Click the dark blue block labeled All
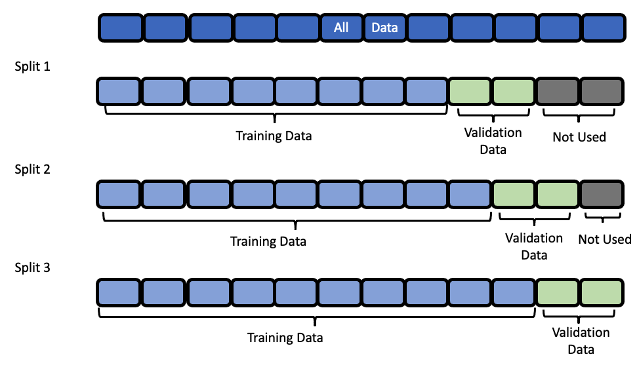click(x=341, y=28)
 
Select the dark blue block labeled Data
click(x=385, y=28)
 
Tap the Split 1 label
click(x=32, y=67)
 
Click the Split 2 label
click(x=32, y=168)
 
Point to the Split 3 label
click(x=32, y=267)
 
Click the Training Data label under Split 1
click(x=274, y=136)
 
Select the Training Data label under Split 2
click(x=268, y=241)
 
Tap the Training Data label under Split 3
click(x=285, y=338)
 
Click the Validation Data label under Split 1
click(x=493, y=141)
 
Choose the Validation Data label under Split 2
click(x=533, y=246)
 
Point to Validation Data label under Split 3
click(x=581, y=341)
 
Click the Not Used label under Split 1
click(x=579, y=138)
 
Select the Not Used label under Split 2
click(x=604, y=239)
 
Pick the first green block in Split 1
click(x=470, y=92)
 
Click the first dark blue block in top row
click(x=120, y=28)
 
